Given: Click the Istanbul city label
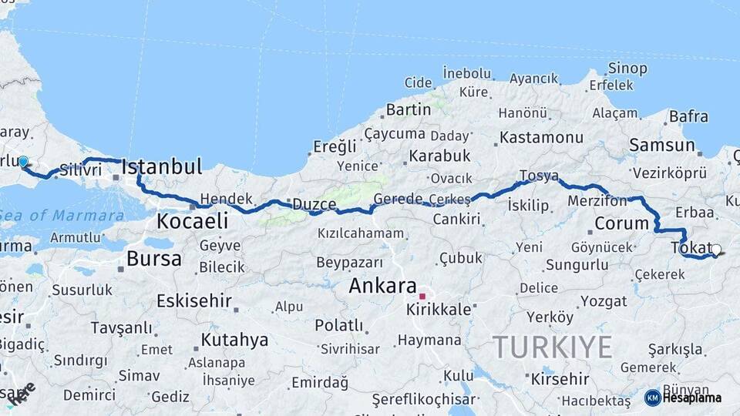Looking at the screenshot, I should click(x=162, y=166).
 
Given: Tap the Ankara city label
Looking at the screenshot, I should click(x=383, y=286).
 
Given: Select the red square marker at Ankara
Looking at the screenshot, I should click(x=422, y=296).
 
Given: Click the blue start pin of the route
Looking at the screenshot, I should click(x=23, y=162).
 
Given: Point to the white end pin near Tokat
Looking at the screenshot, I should click(x=717, y=250).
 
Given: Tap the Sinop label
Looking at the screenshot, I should click(x=627, y=69).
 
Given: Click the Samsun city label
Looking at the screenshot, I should click(x=661, y=145).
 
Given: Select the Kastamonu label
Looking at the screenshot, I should click(x=541, y=138).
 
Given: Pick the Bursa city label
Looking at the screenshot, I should click(x=153, y=258).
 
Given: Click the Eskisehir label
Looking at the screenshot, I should click(x=193, y=300).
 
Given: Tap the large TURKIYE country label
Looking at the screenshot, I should click(x=553, y=347).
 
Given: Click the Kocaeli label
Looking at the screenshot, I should click(x=192, y=221).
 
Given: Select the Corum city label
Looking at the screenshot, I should click(x=622, y=224).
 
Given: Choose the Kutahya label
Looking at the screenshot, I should click(x=234, y=340).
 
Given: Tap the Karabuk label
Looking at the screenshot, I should click(x=439, y=156).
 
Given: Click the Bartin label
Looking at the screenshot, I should click(x=408, y=109).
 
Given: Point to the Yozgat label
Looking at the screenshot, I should click(x=604, y=301).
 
